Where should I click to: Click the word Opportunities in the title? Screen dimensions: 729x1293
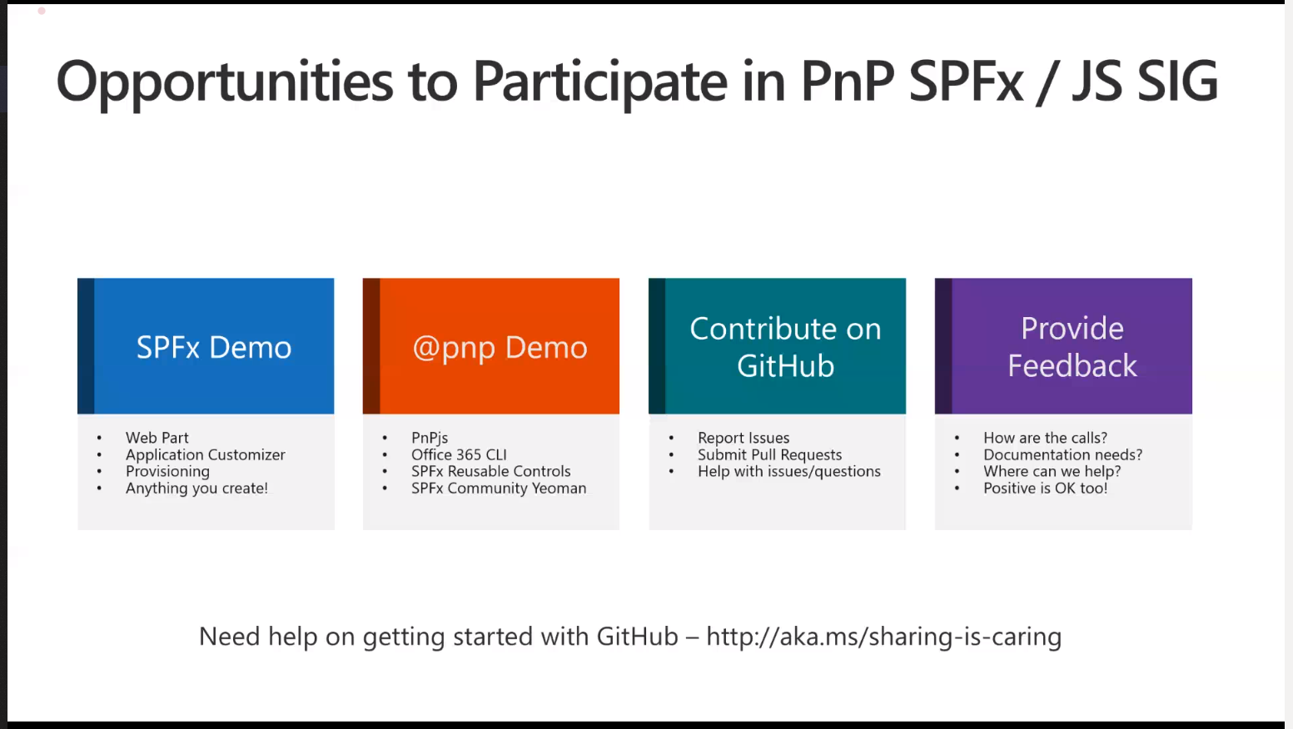coord(224,82)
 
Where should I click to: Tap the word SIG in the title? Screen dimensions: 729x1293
coord(1176,82)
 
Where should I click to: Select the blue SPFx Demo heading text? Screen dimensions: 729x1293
coord(214,347)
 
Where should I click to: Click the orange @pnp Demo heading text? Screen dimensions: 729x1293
coord(500,347)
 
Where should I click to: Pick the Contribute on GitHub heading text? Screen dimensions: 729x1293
coord(785,347)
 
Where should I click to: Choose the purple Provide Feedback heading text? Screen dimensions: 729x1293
coord(1072,347)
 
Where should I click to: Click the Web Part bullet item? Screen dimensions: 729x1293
coord(157,438)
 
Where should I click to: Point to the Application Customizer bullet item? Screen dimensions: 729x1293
coord(205,454)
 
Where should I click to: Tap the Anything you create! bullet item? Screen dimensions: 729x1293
coord(196,488)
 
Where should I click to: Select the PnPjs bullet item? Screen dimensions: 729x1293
coord(430,438)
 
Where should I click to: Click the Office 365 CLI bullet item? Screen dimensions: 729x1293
coord(459,454)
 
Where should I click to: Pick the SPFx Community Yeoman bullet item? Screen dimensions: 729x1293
coord(499,488)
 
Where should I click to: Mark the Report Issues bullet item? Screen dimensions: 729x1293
coord(743,438)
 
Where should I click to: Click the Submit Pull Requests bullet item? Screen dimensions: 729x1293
coord(769,454)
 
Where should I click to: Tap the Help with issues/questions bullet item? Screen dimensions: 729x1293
coord(788,471)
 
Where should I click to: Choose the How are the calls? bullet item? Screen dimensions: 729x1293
coord(1045,438)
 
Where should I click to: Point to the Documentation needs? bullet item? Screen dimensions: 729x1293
coord(1062,454)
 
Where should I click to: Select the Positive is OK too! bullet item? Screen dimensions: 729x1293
coord(1045,488)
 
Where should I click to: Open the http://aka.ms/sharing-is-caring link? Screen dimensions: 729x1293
coord(883,637)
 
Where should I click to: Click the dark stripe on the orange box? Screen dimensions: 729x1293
coord(371,346)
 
